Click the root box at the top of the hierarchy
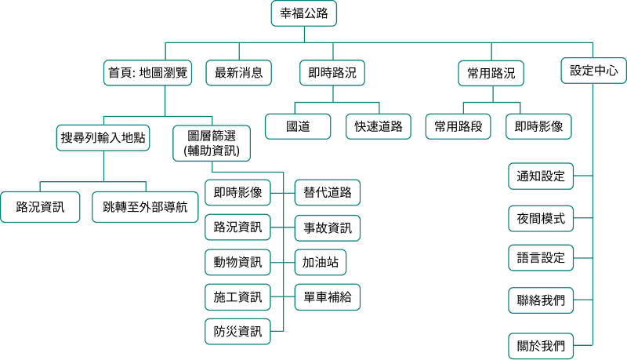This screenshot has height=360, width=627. pos(304,13)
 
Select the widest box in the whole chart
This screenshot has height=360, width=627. pos(145,207)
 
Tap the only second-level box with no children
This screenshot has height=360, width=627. pos(238,73)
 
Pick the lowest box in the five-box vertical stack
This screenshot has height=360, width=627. pos(541,346)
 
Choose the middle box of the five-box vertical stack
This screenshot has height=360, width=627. pos(541,257)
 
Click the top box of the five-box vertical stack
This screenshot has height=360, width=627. pos(541,176)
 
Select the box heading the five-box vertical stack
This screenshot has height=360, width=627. pos(593,71)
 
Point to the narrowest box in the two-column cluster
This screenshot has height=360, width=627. pos(320,262)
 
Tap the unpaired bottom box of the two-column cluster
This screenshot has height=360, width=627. pos(237,331)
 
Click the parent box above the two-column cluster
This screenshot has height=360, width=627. pos(211,143)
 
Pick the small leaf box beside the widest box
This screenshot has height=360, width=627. pos(40,207)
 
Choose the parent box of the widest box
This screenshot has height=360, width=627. pos(103,137)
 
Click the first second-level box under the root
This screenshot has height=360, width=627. pos(147,73)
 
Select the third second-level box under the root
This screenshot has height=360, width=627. pos(332,73)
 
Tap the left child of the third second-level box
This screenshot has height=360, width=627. pos(297,126)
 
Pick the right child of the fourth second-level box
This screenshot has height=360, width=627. pos(538,126)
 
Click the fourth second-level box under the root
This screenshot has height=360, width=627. pos(491,73)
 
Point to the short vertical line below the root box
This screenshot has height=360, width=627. pos(304,34)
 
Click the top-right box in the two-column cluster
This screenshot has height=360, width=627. pos(327,192)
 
